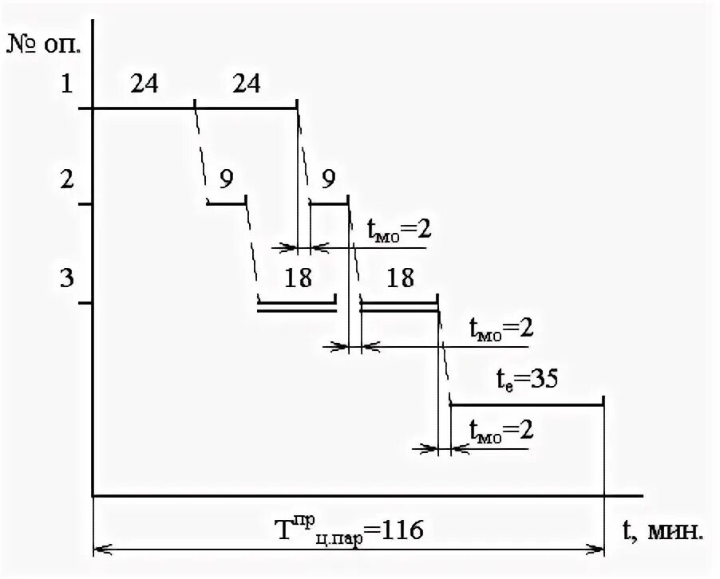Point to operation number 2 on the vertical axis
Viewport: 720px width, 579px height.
coord(67,180)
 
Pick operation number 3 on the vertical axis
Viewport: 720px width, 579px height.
coord(67,280)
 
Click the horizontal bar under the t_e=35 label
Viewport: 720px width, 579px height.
coord(527,405)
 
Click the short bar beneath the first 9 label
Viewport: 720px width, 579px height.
coord(226,204)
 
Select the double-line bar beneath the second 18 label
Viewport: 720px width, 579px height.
coord(399,306)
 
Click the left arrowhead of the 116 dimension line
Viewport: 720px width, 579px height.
coord(99,549)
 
